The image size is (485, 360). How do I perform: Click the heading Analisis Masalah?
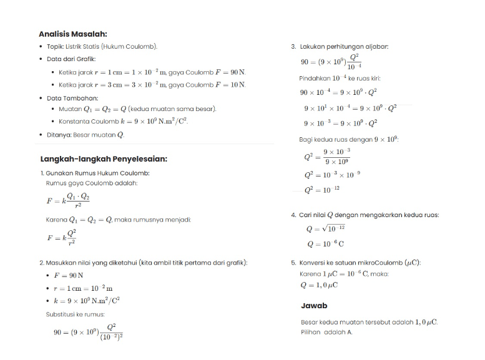click(72, 34)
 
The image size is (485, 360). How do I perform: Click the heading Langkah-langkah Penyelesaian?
click(104, 158)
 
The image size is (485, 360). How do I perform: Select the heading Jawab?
click(314, 306)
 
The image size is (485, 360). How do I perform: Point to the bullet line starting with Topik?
click(102, 47)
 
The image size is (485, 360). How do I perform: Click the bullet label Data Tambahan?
click(72, 98)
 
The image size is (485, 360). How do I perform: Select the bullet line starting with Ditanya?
click(86, 135)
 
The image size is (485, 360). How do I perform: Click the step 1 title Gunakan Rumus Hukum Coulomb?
click(97, 173)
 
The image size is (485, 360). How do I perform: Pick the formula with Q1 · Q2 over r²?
click(68, 200)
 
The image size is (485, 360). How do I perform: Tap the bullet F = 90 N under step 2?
click(69, 275)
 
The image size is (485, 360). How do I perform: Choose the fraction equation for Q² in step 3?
click(328, 157)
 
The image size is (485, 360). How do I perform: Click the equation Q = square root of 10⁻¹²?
click(325, 229)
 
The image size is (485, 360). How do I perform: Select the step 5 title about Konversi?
click(360, 263)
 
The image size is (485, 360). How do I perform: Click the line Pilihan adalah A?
click(326, 332)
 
